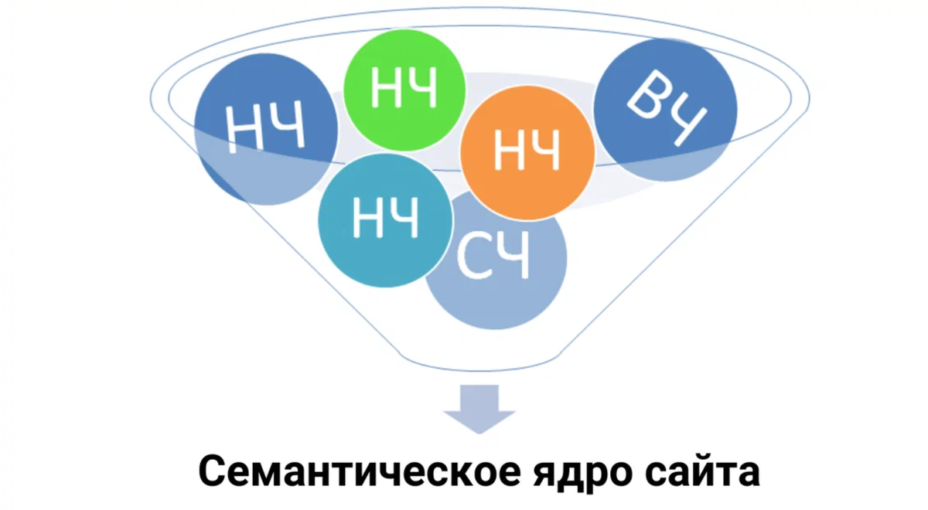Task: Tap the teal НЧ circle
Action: pyautogui.click(x=384, y=219)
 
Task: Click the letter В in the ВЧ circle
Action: pyautogui.click(x=646, y=99)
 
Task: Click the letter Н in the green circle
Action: pyautogui.click(x=386, y=90)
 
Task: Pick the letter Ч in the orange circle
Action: pyautogui.click(x=544, y=152)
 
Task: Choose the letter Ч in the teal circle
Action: pyautogui.click(x=404, y=218)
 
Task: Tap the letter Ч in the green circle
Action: pyautogui.click(x=422, y=89)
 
